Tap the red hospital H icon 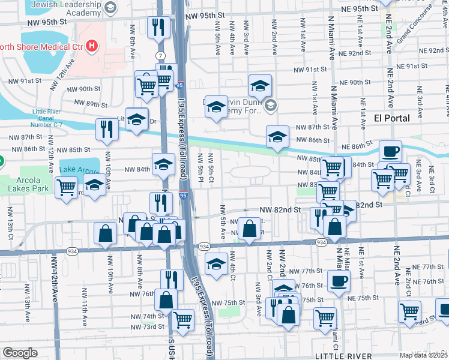[91, 44]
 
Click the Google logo [20, 353]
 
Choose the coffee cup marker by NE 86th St [390, 151]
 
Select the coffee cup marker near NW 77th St [338, 280]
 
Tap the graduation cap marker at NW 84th [163, 164]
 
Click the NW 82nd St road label [280, 210]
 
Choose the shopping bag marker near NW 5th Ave [249, 229]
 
